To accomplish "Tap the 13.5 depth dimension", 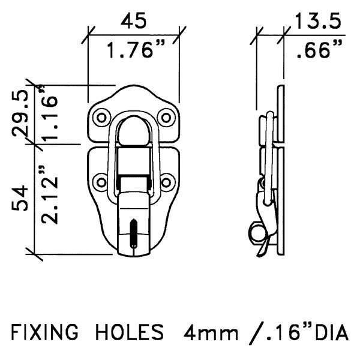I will (x=317, y=22).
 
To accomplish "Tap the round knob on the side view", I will (x=254, y=232).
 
